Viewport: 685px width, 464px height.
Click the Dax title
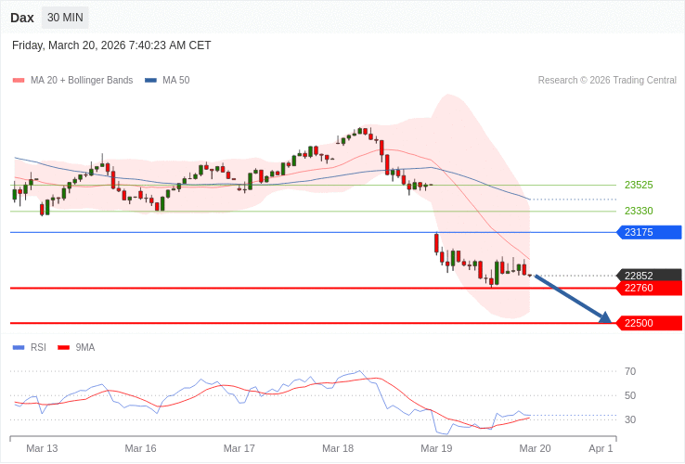(22, 18)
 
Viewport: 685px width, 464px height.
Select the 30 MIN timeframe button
(65, 18)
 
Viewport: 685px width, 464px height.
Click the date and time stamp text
(111, 45)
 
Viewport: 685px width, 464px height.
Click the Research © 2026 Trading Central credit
(607, 80)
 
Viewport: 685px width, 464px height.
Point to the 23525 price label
(639, 185)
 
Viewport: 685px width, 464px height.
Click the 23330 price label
(639, 211)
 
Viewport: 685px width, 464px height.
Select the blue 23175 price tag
(649, 232)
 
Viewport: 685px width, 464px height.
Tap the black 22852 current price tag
(649, 276)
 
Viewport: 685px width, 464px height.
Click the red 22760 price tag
(649, 288)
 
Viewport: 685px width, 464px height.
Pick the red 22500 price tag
(649, 323)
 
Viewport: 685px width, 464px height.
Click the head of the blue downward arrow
(606, 319)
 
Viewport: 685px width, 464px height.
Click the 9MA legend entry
(84, 347)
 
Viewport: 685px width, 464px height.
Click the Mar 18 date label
(338, 448)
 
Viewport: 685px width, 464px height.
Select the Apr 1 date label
(601, 448)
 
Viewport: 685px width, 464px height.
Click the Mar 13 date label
(42, 448)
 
